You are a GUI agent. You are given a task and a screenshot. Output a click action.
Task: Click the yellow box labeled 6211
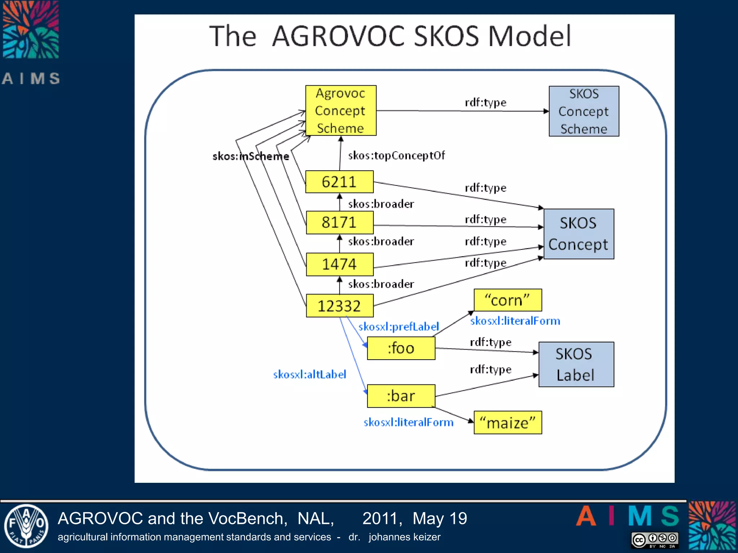(x=339, y=182)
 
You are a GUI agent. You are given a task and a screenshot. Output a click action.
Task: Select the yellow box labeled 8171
(x=339, y=222)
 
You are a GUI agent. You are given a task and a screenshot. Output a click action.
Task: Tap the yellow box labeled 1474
(x=339, y=264)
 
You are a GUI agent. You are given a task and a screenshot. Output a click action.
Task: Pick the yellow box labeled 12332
(x=339, y=306)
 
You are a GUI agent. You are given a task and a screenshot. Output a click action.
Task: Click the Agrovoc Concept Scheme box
(x=341, y=111)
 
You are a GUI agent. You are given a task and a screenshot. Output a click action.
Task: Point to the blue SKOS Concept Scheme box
(x=584, y=111)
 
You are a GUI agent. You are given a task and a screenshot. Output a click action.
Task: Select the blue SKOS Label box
(x=576, y=364)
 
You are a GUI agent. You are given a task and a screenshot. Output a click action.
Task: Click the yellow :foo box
(x=401, y=348)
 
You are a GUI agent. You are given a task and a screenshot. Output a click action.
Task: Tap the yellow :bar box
(x=401, y=396)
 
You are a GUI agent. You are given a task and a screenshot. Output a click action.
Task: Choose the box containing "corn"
(x=507, y=300)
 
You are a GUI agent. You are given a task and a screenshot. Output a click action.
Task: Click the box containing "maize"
(x=507, y=422)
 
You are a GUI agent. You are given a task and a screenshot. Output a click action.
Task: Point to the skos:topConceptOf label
(x=396, y=156)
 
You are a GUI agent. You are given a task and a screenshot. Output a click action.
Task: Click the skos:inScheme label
(x=251, y=156)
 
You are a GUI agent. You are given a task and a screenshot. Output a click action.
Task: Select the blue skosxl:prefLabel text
(x=399, y=327)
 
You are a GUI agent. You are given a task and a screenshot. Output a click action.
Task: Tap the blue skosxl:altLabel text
(x=310, y=374)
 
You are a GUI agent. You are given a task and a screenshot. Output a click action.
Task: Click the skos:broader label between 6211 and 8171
(x=381, y=204)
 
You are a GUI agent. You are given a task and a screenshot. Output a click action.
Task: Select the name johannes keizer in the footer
(x=404, y=537)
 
